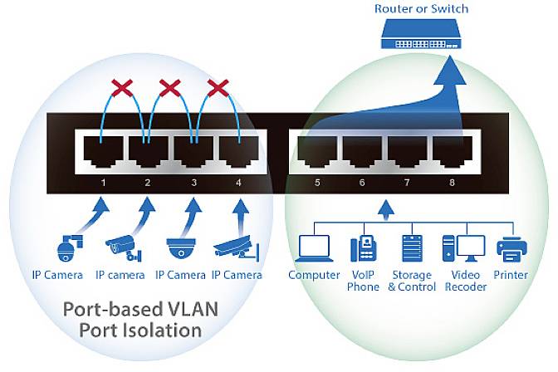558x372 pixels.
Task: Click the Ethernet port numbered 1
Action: coord(99,151)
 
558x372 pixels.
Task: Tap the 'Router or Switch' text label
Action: coord(421,9)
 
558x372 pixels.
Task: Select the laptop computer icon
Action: coord(315,247)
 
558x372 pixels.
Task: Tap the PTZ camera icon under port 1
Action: coord(66,246)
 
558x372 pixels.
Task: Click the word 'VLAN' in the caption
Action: coord(191,309)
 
